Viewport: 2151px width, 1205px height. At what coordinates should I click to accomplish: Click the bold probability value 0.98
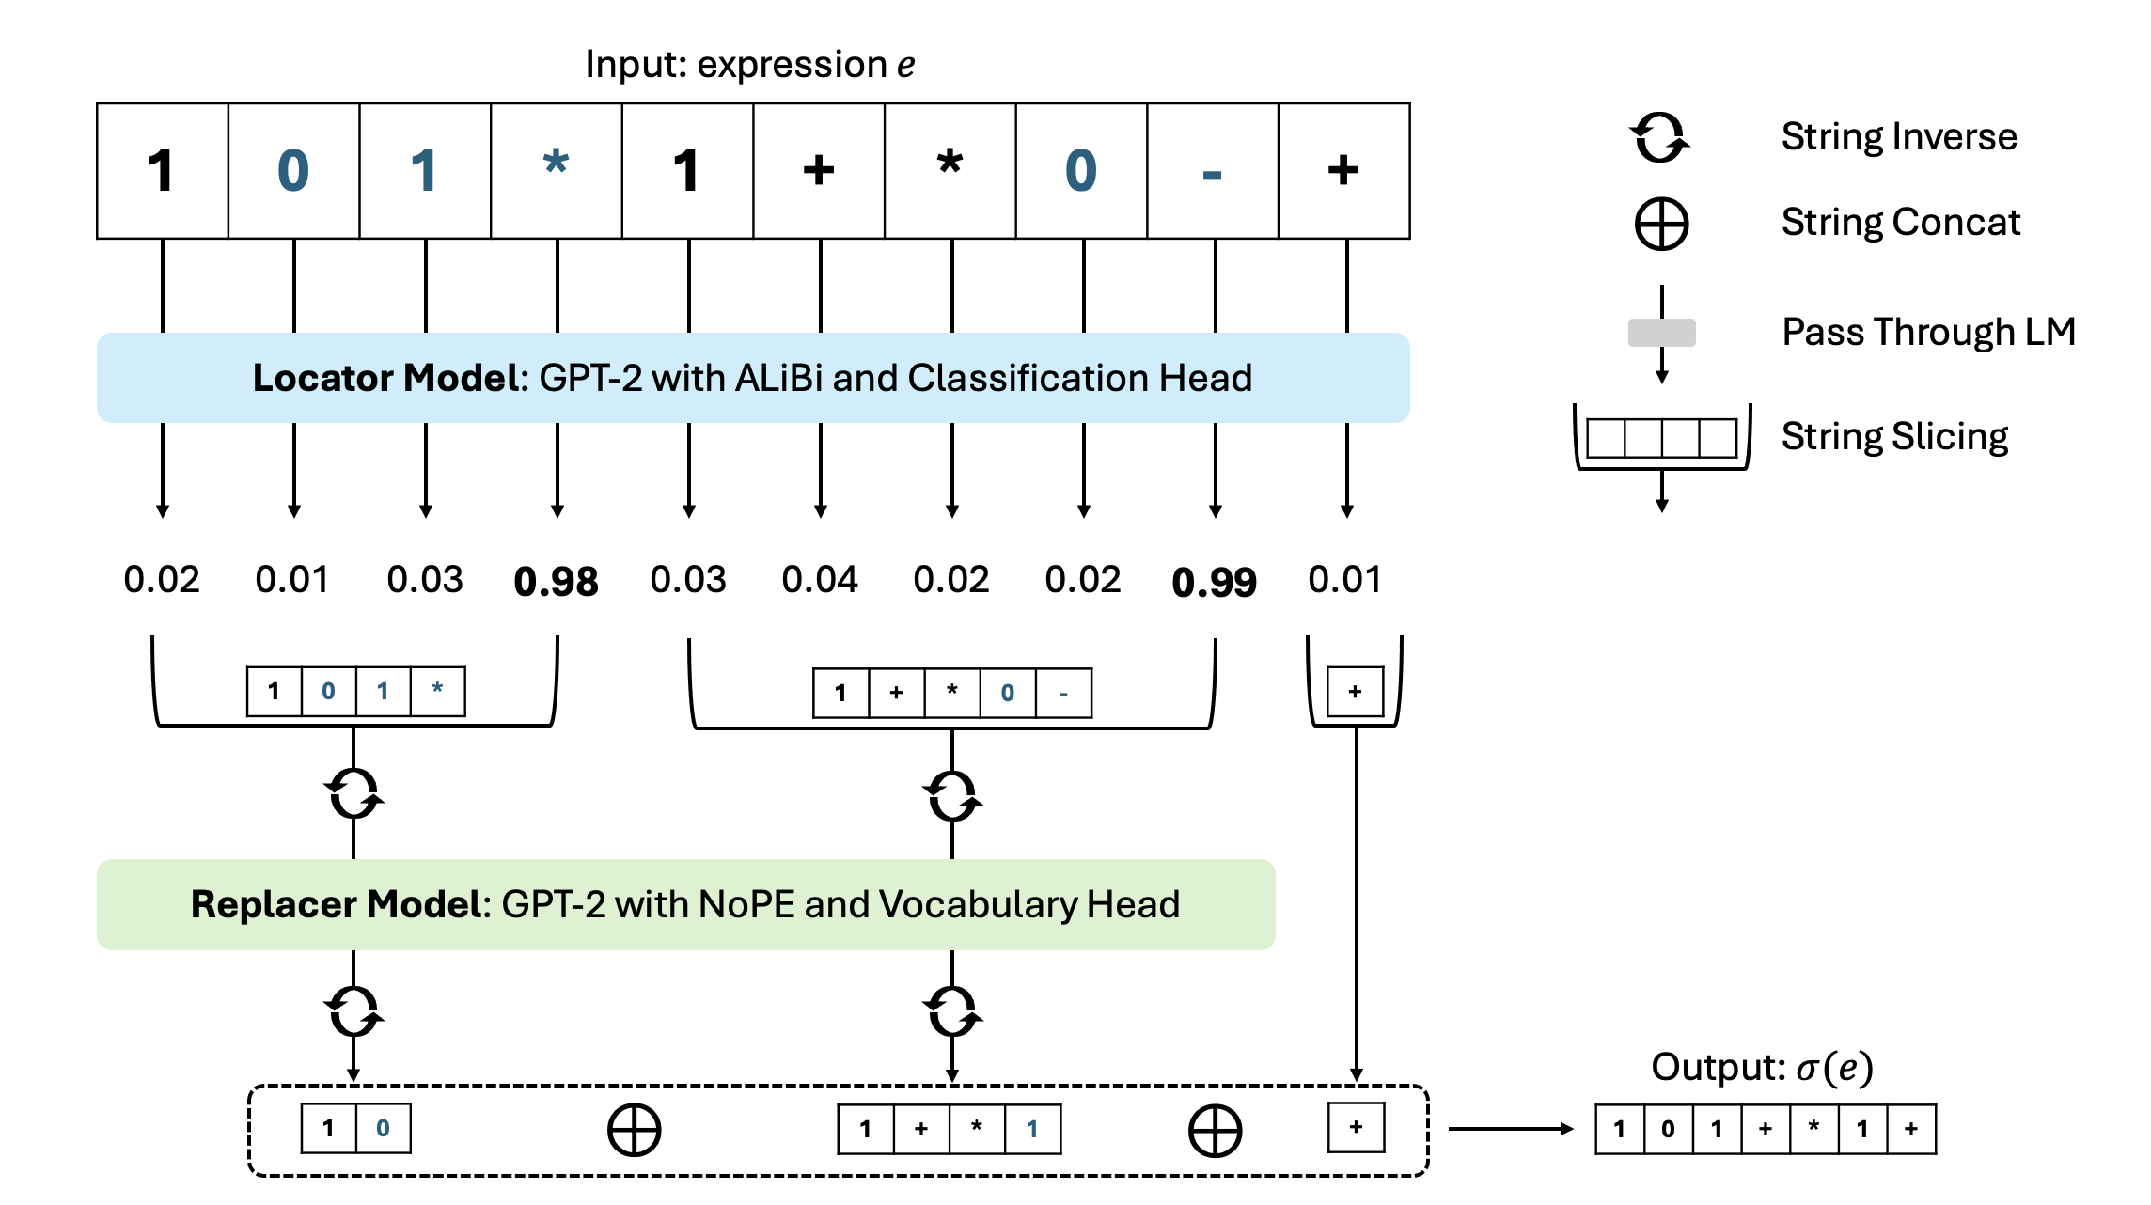(556, 582)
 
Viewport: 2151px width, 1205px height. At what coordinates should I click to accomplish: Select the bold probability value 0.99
(1214, 582)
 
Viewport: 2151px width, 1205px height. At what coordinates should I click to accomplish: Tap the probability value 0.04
(819, 580)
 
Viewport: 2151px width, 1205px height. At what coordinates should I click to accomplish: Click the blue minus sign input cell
(1213, 171)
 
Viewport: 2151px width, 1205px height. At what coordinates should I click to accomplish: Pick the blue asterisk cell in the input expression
(556, 171)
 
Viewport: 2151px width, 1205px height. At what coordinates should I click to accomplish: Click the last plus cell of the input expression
(1343, 171)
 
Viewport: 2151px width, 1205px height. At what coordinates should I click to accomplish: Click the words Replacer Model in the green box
(340, 904)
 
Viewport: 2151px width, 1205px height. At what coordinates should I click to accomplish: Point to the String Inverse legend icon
(1660, 137)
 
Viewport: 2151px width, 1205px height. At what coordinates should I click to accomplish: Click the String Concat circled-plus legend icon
(1661, 225)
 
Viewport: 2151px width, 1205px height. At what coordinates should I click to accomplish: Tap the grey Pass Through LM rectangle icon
(1661, 333)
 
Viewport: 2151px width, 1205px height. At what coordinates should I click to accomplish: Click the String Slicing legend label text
(1894, 437)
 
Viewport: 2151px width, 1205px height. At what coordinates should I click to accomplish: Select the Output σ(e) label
(1762, 1068)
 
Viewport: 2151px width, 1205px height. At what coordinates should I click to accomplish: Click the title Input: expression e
(749, 65)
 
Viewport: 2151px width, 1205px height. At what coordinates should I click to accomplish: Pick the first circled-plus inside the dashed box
(635, 1130)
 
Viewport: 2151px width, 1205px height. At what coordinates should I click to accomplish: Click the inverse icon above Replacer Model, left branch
(353, 794)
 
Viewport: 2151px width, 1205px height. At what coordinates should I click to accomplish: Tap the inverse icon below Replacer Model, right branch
(952, 1011)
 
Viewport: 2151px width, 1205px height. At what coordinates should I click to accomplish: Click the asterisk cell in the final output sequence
(1813, 1129)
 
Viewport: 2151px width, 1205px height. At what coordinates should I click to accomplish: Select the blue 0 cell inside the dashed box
(383, 1129)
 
